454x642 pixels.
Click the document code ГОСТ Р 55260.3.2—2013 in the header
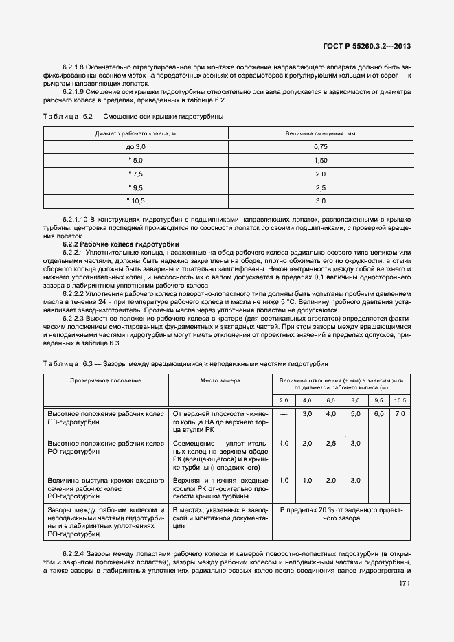pyautogui.click(x=372, y=47)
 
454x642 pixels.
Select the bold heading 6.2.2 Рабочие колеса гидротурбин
pyautogui.click(x=121, y=244)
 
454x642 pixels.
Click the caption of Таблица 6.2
pyautogui.click(x=133, y=117)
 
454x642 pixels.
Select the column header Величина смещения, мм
pyautogui.click(x=319, y=133)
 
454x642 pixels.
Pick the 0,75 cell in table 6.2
pyautogui.click(x=319, y=146)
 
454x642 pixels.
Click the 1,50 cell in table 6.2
pyautogui.click(x=319, y=160)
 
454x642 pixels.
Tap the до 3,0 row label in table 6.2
pyautogui.click(x=136, y=146)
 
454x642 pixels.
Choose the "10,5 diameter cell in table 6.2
pyautogui.click(x=136, y=200)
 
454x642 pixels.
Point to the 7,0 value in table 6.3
pyautogui.click(x=400, y=414)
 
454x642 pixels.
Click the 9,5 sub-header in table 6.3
pyautogui.click(x=378, y=400)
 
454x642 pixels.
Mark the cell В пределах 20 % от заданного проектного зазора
pyautogui.click(x=341, y=515)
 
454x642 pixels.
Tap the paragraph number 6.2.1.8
pyautogui.click(x=73, y=66)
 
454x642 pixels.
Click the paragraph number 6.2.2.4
pyautogui.click(x=73, y=553)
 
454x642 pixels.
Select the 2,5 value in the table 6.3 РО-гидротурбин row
pyautogui.click(x=330, y=444)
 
